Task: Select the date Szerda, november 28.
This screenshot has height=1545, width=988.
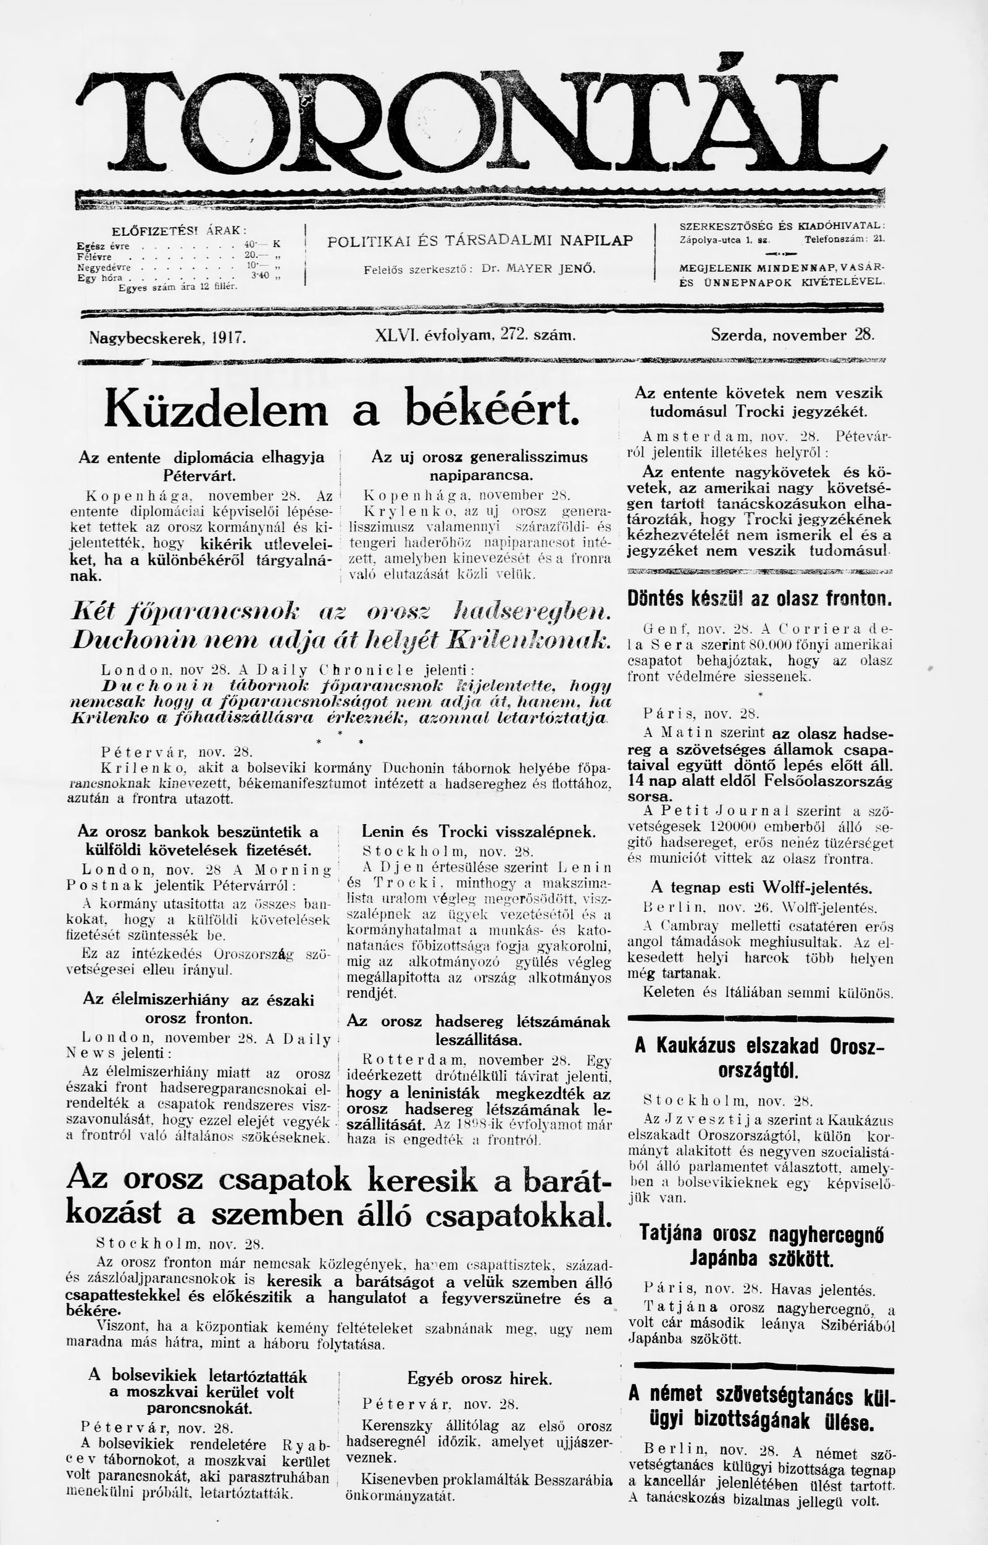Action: click(x=792, y=335)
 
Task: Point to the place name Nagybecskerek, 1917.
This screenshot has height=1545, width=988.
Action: click(x=167, y=337)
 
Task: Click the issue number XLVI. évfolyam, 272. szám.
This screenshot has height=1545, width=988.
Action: click(x=474, y=335)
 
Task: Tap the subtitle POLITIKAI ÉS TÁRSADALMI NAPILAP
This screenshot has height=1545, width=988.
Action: click(x=480, y=241)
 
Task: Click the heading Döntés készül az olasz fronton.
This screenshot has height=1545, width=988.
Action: click(x=760, y=599)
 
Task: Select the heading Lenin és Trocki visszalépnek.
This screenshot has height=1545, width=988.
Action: click(x=479, y=832)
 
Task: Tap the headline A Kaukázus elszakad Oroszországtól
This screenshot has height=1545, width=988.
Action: click(x=760, y=1057)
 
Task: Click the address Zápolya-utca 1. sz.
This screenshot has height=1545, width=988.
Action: click(x=724, y=239)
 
